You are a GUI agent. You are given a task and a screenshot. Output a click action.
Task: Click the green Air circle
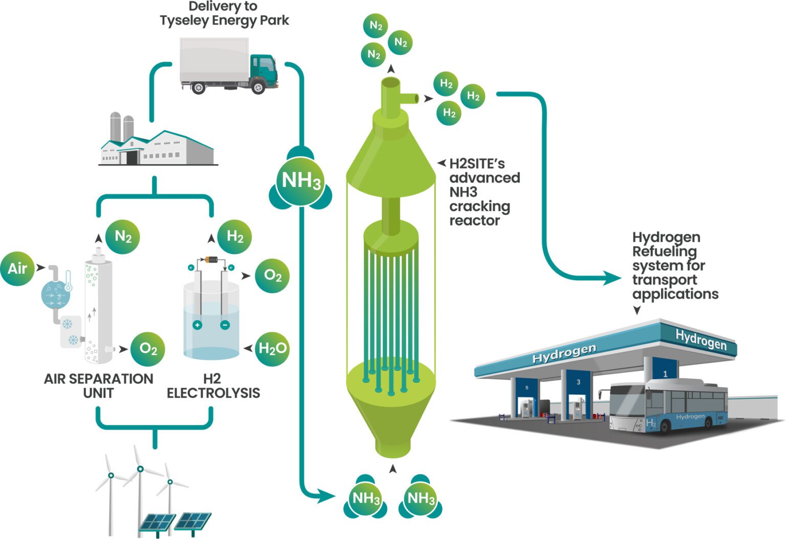coord(17,268)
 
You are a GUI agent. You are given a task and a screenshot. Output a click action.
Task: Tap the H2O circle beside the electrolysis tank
coord(272,349)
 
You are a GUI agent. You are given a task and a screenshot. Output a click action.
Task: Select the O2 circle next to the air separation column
coord(148,349)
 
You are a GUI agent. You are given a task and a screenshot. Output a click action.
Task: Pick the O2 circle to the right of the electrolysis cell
coord(272,276)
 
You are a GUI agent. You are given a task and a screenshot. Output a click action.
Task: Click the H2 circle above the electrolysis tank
coord(234,237)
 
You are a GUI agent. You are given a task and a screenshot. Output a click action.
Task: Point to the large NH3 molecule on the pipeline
coord(301,181)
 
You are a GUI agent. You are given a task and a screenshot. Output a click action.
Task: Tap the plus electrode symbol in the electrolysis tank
coord(197,325)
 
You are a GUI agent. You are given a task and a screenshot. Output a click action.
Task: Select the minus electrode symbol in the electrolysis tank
coord(225,325)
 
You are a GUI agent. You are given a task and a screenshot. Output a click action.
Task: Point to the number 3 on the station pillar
coord(578,382)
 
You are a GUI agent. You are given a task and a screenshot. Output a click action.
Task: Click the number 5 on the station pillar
coord(527,388)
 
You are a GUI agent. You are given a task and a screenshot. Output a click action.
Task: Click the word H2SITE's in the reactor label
coord(477,164)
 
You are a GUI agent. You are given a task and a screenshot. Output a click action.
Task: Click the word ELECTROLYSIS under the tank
coord(213,393)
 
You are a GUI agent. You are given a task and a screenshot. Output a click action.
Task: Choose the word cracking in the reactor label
coord(479,207)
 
